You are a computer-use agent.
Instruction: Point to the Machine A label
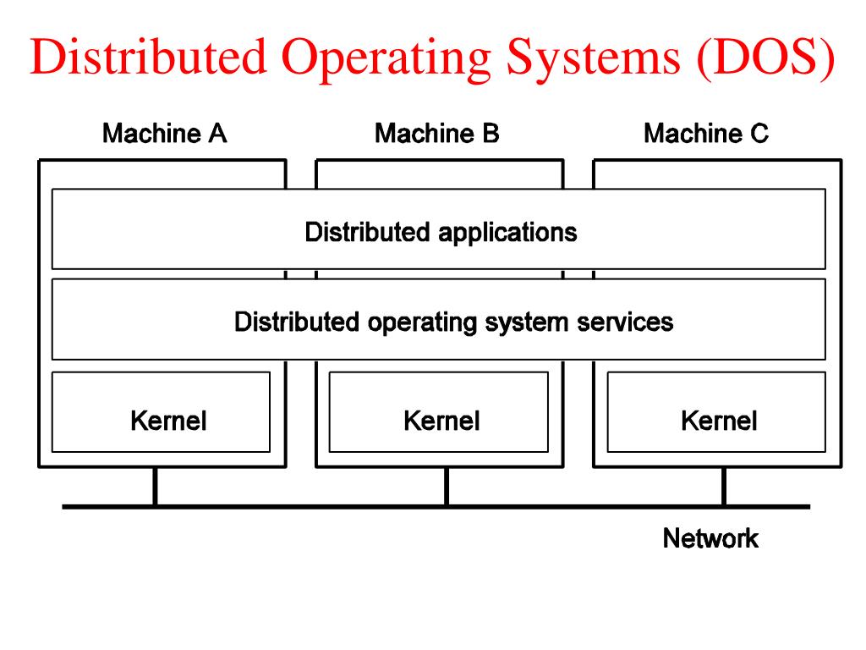(x=164, y=134)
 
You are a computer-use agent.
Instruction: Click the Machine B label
(x=436, y=134)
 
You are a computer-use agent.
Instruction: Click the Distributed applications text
(x=441, y=232)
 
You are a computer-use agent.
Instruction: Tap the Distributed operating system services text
(x=453, y=322)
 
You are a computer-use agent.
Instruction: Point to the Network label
(x=710, y=538)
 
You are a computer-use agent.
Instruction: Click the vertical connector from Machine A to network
(x=155, y=487)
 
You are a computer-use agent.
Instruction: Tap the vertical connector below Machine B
(x=447, y=487)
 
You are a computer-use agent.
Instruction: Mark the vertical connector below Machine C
(x=724, y=487)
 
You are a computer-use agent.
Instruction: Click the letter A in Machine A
(x=217, y=134)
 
